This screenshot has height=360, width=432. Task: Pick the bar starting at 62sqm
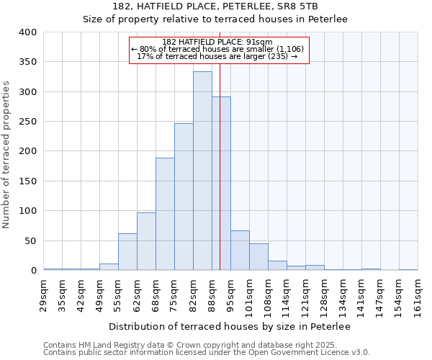pyautogui.click(x=146, y=241)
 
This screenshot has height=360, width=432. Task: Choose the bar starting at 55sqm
pyautogui.click(x=127, y=251)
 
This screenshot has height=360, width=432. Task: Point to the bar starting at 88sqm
pyautogui.click(x=221, y=184)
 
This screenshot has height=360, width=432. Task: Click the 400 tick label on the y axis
pyautogui.click(x=28, y=32)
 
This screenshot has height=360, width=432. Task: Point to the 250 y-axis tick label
pyautogui.click(x=28, y=122)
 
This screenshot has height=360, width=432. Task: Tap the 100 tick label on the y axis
pyautogui.click(x=28, y=211)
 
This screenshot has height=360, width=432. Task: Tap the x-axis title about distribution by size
pyautogui.click(x=230, y=327)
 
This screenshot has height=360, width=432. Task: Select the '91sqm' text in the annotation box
pyautogui.click(x=260, y=42)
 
